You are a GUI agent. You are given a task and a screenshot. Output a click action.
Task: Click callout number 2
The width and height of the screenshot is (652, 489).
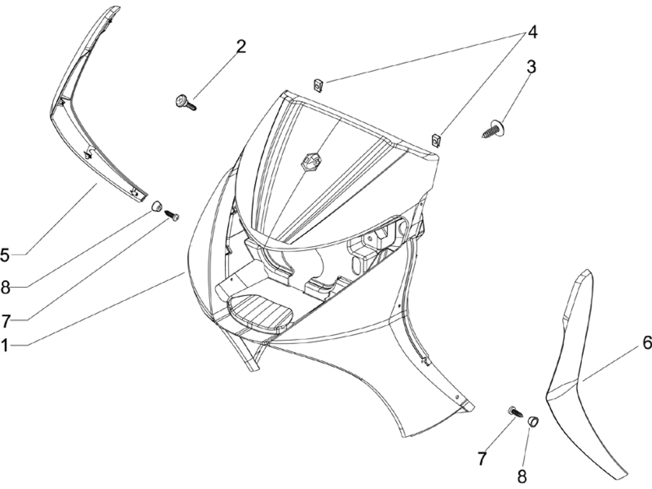pyautogui.click(x=241, y=47)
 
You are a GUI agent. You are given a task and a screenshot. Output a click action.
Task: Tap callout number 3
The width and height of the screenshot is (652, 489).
pyautogui.click(x=531, y=67)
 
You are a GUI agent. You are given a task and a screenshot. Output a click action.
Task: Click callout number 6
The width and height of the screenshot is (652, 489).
pyautogui.click(x=647, y=342)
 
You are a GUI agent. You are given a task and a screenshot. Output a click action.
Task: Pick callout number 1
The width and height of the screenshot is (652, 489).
pyautogui.click(x=4, y=345)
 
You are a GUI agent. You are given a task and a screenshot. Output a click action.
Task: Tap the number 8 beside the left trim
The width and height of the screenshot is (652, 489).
pyautogui.click(x=5, y=288)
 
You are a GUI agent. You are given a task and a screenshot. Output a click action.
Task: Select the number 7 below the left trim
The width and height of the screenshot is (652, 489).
pyautogui.click(x=5, y=321)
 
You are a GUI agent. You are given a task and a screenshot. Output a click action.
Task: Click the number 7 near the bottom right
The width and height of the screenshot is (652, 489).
pyautogui.click(x=482, y=459)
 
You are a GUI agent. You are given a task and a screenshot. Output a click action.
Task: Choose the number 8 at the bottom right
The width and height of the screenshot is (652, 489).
pyautogui.click(x=522, y=475)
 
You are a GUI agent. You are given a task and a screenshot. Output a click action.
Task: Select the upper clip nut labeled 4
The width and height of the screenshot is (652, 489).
pyautogui.click(x=317, y=85)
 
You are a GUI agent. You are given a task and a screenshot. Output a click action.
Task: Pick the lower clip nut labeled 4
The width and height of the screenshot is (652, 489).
pyautogui.click(x=436, y=141)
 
